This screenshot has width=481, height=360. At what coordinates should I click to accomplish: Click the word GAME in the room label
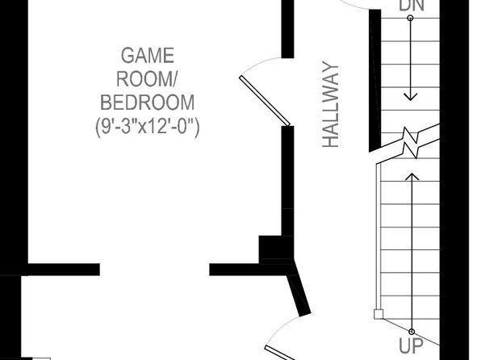tap(148, 56)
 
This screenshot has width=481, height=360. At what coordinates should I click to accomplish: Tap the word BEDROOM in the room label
tap(148, 103)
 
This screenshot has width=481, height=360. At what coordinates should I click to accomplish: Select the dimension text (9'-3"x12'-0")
tap(148, 126)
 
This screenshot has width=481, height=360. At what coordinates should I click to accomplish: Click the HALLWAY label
tap(331, 104)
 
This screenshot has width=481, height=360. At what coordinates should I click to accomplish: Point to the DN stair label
tap(412, 6)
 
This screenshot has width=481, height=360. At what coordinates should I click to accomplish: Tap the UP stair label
tap(412, 345)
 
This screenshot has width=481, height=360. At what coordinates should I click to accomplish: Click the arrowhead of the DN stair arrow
tap(411, 97)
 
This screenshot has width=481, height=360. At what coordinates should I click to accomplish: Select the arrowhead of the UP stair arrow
tap(412, 177)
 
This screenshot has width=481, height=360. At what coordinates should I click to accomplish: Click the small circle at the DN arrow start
tap(410, 18)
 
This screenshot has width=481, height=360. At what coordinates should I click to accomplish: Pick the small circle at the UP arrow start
tap(412, 332)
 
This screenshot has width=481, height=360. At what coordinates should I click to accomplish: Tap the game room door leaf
tap(265, 101)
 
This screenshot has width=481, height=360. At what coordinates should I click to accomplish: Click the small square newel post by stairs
tap(379, 314)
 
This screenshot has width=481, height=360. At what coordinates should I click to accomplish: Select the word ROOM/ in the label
tap(146, 79)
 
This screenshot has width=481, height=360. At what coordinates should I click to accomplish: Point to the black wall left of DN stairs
tap(374, 81)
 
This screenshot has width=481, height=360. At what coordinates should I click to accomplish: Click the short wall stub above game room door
tap(287, 29)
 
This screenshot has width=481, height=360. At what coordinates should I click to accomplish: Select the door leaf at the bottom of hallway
tap(280, 353)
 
